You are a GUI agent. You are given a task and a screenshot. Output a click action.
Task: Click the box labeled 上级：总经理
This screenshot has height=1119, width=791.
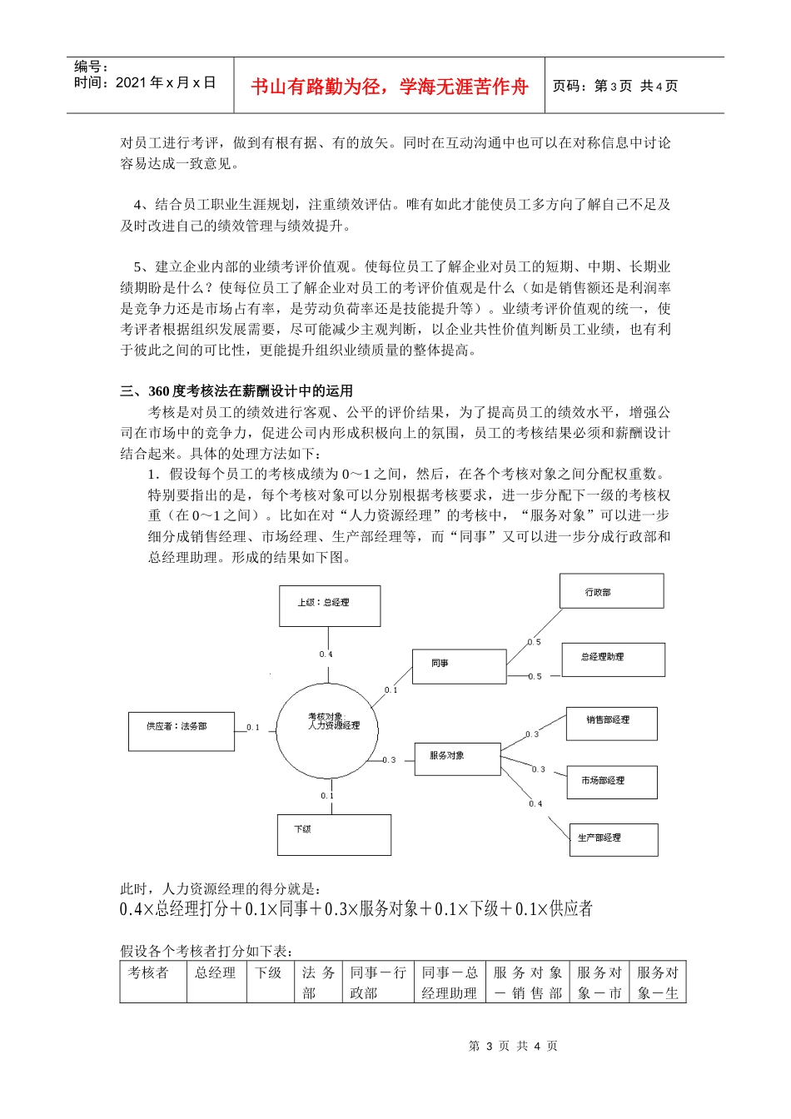[x=329, y=605]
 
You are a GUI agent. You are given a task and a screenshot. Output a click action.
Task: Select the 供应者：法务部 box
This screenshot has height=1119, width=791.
[x=182, y=731]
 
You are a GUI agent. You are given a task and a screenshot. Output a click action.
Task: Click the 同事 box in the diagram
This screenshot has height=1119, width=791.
[x=459, y=666]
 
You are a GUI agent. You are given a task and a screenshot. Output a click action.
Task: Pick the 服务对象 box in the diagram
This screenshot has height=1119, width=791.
[x=457, y=758]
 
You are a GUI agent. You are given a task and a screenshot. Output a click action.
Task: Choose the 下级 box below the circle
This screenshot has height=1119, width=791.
[x=334, y=834]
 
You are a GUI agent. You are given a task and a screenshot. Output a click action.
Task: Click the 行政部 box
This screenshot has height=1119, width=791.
[x=611, y=591]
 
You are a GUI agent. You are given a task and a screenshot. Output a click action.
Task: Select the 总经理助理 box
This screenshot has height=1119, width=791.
[x=613, y=659]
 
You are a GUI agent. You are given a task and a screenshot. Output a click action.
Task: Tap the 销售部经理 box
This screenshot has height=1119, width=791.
[x=612, y=723]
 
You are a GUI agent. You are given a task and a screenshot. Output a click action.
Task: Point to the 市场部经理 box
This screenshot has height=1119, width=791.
[x=612, y=782]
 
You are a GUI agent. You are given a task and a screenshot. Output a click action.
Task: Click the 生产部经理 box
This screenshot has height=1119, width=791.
[x=613, y=839]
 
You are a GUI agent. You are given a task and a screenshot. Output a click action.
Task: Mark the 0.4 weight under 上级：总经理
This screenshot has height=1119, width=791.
[x=326, y=654]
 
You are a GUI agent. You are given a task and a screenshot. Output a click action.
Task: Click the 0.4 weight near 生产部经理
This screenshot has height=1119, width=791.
[x=535, y=803]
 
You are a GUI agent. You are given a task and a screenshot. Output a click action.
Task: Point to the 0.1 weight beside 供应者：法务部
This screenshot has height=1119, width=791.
[x=253, y=728]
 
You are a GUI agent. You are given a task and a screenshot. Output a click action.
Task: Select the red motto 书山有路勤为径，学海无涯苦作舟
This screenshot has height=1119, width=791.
[x=389, y=87]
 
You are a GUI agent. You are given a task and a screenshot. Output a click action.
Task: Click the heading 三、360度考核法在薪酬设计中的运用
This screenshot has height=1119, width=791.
[x=236, y=391]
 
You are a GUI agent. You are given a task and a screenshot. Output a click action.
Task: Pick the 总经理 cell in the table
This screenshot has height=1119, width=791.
[x=216, y=972]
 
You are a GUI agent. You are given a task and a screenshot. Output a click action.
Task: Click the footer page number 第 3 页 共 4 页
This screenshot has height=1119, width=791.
[x=513, y=1046]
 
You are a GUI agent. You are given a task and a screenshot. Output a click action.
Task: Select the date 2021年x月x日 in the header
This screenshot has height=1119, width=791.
[x=166, y=82]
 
